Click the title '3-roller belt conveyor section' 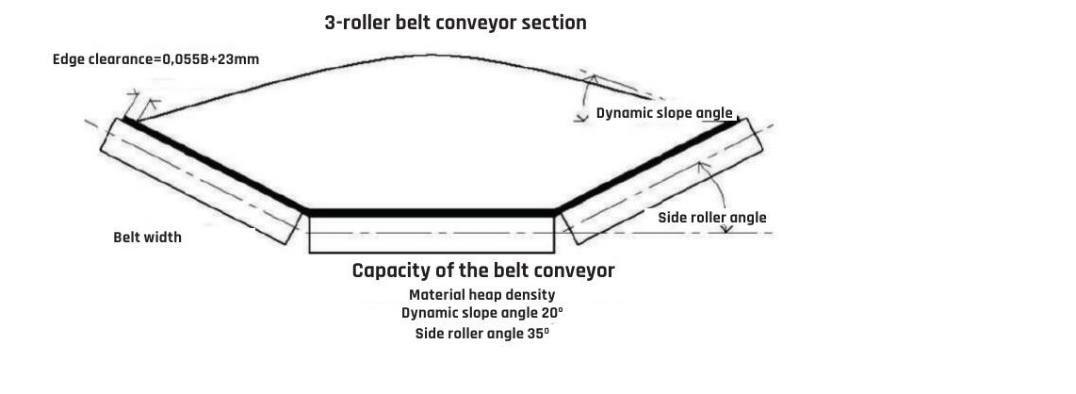pyautogui.click(x=455, y=23)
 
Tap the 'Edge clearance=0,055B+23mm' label pyautogui.click(x=155, y=59)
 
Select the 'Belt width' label pyautogui.click(x=147, y=237)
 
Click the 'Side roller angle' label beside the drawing pyautogui.click(x=711, y=218)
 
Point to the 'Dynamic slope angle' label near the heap pyautogui.click(x=664, y=113)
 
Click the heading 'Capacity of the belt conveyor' pyautogui.click(x=482, y=271)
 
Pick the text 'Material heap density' pyautogui.click(x=481, y=295)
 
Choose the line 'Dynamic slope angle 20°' pyautogui.click(x=481, y=313)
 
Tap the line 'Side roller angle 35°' pyautogui.click(x=481, y=334)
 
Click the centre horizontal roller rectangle pyautogui.click(x=432, y=236)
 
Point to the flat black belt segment pyautogui.click(x=432, y=213)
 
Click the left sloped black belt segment pyautogui.click(x=215, y=166)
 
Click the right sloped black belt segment pyautogui.click(x=650, y=165)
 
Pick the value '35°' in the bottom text pyautogui.click(x=538, y=334)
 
